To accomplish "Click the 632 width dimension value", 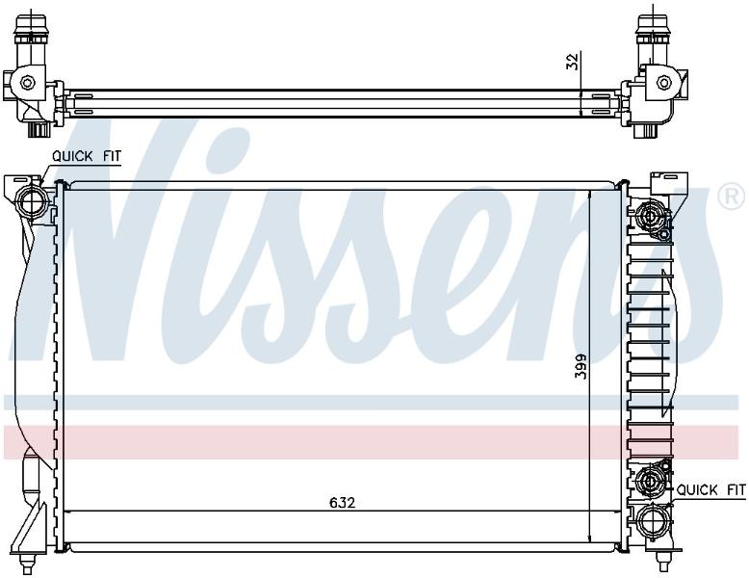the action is [343, 503].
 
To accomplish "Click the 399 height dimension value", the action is [581, 366].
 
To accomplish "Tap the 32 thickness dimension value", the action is [572, 61].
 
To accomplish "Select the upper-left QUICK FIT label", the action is [87, 156].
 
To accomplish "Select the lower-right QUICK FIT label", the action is [710, 489].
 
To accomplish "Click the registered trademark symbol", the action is [732, 197].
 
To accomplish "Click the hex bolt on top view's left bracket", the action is [28, 83].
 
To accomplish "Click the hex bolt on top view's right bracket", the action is [664, 82].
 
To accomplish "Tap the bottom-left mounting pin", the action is [26, 565].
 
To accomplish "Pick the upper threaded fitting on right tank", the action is [651, 217].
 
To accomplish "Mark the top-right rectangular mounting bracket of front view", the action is [669, 183].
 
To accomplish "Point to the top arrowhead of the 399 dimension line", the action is [591, 195].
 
